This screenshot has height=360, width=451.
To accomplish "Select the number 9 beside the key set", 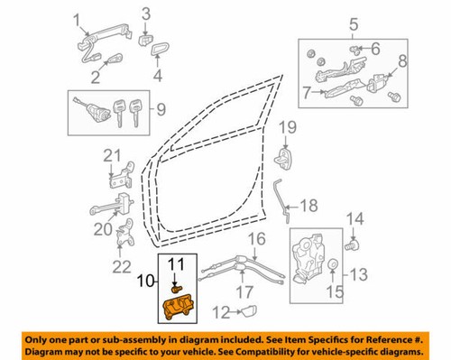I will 161,111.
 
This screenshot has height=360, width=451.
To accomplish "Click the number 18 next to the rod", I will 309,206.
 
